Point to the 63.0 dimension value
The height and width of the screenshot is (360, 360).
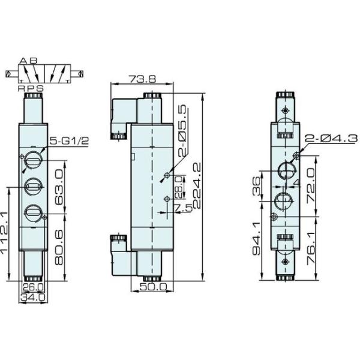[x=59, y=187]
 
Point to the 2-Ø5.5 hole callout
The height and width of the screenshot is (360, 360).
[x=183, y=130]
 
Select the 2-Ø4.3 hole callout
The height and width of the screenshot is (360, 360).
[x=331, y=138]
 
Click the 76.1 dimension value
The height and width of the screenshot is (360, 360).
[x=311, y=253]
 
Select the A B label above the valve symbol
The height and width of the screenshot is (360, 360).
[x=28, y=61]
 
